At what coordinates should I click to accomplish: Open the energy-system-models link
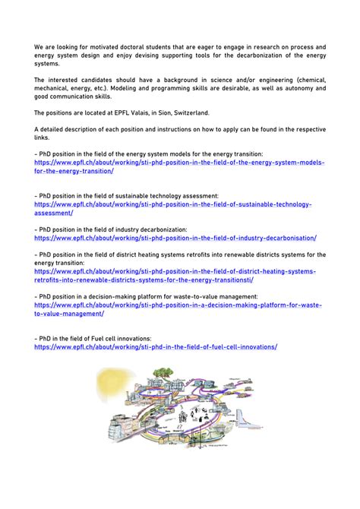[x=179, y=163]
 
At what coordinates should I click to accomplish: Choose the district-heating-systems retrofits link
[x=175, y=271]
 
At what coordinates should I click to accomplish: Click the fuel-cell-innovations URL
[x=156, y=346]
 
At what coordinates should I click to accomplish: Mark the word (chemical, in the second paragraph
[x=306, y=79]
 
